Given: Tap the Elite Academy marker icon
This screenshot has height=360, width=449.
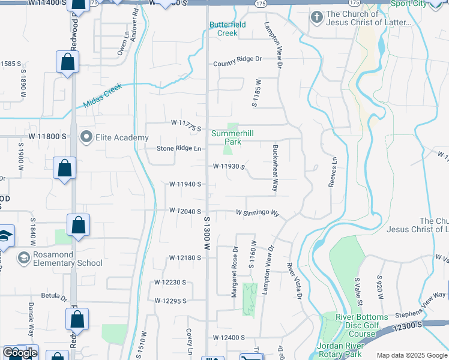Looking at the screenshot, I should coord(86,137).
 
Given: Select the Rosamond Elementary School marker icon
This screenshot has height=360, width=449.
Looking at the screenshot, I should coord(24,258).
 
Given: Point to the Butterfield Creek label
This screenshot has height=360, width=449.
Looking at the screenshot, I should coord(224,29).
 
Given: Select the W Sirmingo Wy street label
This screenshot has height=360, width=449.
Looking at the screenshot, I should coord(258,213).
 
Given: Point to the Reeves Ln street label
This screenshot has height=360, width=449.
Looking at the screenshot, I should coord(333,172).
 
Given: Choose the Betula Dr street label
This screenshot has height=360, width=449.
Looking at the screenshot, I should coord(53,296).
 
